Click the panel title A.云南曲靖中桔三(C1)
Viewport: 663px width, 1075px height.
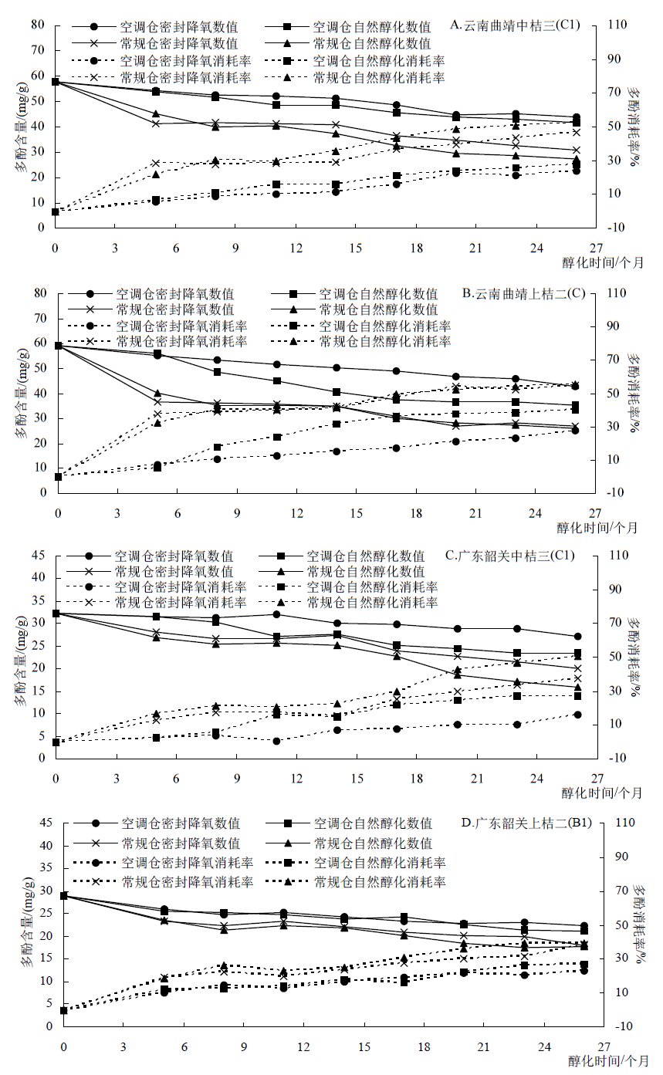pyautogui.click(x=522, y=25)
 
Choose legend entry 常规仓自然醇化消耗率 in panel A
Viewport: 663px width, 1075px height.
pyautogui.click(x=378, y=77)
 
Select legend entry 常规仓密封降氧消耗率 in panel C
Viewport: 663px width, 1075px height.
pyautogui.click(x=181, y=602)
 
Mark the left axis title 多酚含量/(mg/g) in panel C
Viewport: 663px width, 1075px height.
pyautogui.click(x=19, y=656)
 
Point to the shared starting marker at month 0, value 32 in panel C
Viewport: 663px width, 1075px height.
pyautogui.click(x=56, y=614)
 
